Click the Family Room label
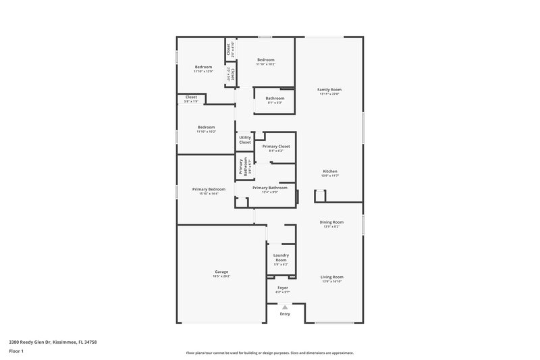coord(330,89)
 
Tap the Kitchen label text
coord(330,171)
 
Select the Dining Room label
coord(331,222)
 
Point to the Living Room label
coord(331,277)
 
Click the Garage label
coord(221,272)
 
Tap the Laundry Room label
coord(281,257)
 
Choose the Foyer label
coord(283,288)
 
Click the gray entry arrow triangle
coord(285,307)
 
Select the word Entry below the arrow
coord(285,314)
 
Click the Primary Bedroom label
coord(209,189)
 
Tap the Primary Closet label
coord(276,147)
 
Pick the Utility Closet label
coord(245,140)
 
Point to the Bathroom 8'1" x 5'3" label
coord(275,99)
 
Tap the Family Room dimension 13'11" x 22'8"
coord(330,94)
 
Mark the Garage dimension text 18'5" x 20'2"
coord(221,276)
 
